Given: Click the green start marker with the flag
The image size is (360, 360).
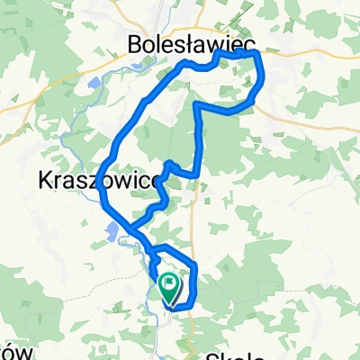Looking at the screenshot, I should point(169,287).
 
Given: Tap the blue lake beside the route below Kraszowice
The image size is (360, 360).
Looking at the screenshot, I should point(114,235).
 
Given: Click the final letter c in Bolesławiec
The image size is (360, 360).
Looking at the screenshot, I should point(247,42).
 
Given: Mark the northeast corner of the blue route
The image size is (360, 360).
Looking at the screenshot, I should point(258,54).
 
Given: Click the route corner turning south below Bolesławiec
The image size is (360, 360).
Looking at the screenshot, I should point(196,105).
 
